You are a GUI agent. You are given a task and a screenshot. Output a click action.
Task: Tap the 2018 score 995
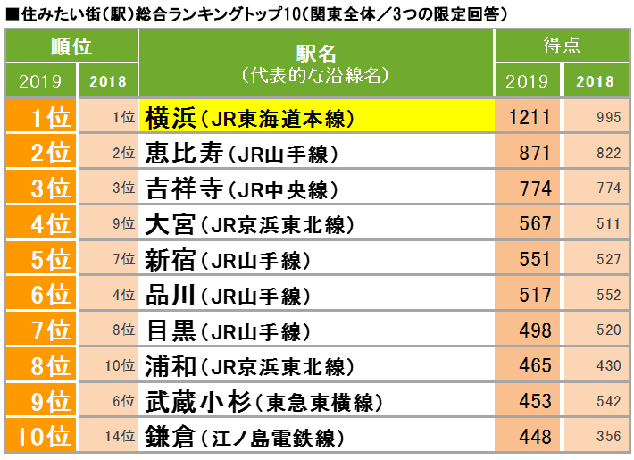[603, 118]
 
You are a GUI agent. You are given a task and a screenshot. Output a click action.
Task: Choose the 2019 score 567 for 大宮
[535, 224]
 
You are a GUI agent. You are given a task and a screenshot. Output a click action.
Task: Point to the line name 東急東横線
[312, 403]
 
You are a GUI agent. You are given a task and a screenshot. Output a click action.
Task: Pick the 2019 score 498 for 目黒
[535, 330]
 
